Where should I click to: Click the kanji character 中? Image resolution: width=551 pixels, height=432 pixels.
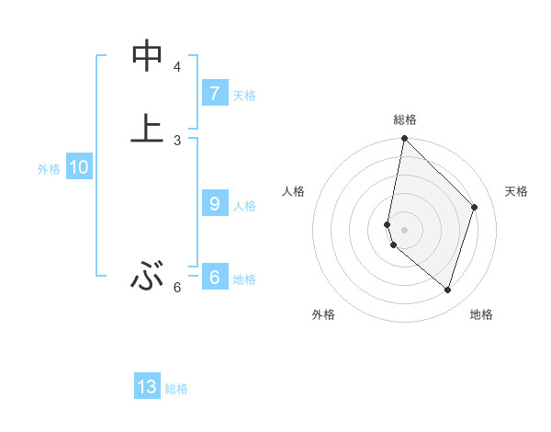tap(147, 57)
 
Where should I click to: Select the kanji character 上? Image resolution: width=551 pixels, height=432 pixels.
tap(147, 128)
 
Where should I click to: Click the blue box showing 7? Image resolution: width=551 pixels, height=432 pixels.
tap(214, 93)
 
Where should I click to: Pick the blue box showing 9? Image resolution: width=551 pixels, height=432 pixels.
tap(214, 204)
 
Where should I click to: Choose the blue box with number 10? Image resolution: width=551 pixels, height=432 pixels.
tap(78, 167)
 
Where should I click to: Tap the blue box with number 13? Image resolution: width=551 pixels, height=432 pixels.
tap(147, 387)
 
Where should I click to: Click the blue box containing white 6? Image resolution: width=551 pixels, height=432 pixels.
tap(214, 278)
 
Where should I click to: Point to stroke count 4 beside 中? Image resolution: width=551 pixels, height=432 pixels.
tap(177, 66)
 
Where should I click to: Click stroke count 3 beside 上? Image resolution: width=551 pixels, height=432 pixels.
tap(177, 140)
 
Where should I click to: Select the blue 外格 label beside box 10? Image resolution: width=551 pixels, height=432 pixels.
tap(49, 169)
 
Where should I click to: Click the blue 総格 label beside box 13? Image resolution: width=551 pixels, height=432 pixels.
tap(176, 389)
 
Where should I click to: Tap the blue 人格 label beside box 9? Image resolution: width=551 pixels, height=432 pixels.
tap(244, 206)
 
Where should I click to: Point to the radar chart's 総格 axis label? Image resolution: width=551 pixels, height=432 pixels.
tap(405, 119)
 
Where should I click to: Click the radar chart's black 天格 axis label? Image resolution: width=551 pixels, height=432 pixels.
tap(516, 191)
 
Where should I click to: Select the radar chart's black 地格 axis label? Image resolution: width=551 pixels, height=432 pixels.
tap(481, 314)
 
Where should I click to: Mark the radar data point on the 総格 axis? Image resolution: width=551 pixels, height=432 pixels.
tap(404, 138)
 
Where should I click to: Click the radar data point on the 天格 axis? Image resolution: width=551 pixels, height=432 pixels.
tap(475, 207)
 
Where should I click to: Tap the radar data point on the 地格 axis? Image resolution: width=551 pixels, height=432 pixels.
tap(447, 290)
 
